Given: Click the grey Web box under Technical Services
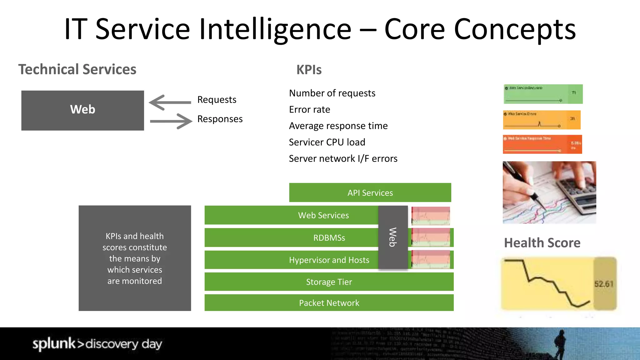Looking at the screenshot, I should (82, 110).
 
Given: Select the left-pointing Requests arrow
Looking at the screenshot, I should (170, 102).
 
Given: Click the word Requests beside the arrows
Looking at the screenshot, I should (217, 100).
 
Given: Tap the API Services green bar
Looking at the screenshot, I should (370, 192).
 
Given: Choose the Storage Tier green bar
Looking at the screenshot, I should (329, 282).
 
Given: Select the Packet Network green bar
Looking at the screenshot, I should (329, 303).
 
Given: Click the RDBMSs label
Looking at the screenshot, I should (329, 238).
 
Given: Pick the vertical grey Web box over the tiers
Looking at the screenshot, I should (393, 237).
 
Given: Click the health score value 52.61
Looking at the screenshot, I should (604, 284).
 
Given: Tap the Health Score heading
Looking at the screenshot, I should (542, 243).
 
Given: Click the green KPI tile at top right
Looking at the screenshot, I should (543, 94).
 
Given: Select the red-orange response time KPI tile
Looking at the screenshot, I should (542, 144).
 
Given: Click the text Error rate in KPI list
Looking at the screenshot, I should (309, 110).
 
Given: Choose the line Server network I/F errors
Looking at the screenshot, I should (343, 159).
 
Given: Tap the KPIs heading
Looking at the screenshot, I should (309, 70).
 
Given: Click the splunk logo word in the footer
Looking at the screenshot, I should (54, 344).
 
